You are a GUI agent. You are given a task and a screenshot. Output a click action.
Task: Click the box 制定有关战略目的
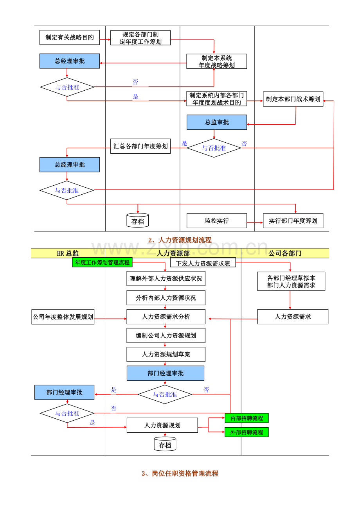click(x=69, y=38)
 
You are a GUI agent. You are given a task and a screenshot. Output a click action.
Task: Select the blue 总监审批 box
click(x=217, y=122)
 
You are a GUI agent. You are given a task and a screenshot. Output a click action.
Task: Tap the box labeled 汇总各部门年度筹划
click(x=140, y=146)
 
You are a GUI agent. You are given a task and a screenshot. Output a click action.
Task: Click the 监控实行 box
click(x=217, y=220)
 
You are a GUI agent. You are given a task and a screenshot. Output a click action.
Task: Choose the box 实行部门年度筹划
click(x=293, y=220)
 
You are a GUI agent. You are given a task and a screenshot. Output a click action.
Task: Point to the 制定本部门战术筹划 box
click(x=293, y=99)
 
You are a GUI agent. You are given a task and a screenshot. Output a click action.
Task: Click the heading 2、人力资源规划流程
click(x=180, y=240)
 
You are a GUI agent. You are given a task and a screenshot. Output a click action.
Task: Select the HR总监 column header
click(x=68, y=253)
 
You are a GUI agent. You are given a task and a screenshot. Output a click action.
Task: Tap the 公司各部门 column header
click(x=285, y=253)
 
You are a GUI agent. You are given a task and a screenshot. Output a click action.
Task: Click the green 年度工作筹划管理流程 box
click(x=103, y=262)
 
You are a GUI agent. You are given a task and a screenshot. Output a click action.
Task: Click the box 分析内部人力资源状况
click(x=166, y=298)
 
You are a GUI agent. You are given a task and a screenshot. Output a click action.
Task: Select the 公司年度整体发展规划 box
click(x=63, y=317)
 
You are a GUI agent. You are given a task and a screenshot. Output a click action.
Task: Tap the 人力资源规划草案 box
click(x=166, y=354)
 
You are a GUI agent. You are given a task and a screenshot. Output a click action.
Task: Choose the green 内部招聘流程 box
click(x=247, y=418)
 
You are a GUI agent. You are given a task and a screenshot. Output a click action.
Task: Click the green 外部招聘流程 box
click(x=247, y=432)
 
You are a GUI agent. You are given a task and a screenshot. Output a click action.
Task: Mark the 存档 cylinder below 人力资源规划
click(x=165, y=444)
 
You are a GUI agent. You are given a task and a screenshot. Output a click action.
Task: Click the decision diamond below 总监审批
click(x=214, y=148)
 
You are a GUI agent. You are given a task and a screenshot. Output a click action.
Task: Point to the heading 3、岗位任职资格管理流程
click(x=180, y=473)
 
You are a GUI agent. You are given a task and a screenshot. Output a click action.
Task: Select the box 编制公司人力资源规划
click(x=166, y=335)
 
